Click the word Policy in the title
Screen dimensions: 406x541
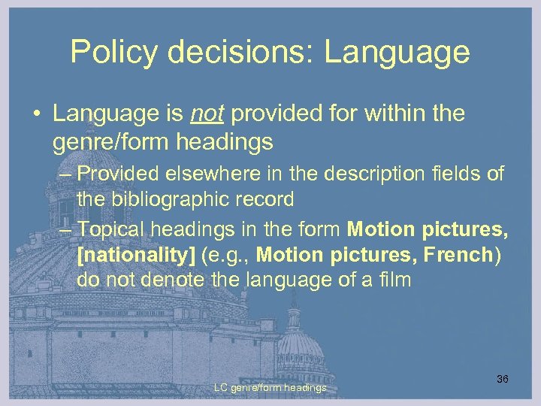click(110, 52)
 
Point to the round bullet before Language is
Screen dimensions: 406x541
click(35, 115)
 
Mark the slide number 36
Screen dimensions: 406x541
click(503, 379)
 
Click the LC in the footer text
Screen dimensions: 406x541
click(221, 388)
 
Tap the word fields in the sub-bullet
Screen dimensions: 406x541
click(461, 174)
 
